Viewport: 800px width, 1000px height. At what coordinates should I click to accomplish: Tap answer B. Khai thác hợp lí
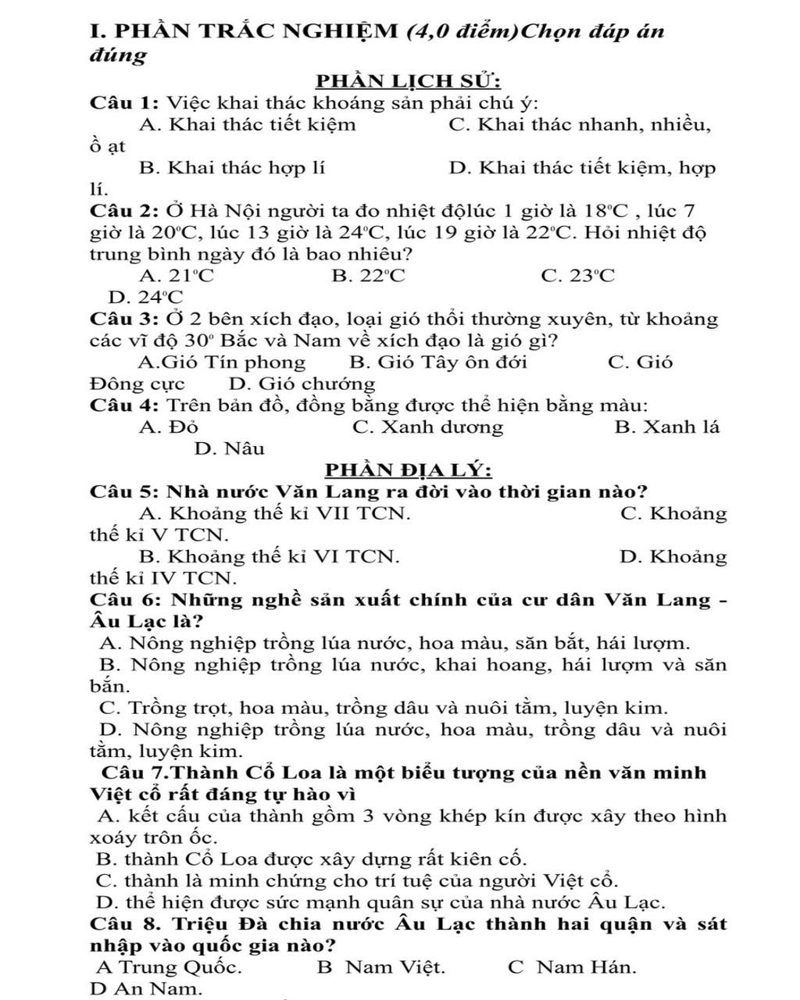click(232, 168)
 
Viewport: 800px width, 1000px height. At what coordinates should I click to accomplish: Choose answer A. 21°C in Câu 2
click(177, 276)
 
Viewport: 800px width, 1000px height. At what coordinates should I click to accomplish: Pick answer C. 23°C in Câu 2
click(577, 276)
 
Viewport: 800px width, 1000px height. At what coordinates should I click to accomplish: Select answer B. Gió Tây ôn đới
click(438, 362)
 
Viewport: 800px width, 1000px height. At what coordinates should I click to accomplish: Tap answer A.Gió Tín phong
click(222, 362)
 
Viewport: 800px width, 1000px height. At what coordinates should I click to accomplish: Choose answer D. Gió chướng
click(302, 384)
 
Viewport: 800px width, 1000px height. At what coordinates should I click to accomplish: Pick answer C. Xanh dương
click(428, 427)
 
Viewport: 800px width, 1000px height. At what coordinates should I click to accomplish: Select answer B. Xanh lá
click(667, 427)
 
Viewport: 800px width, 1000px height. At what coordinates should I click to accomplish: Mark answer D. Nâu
click(230, 449)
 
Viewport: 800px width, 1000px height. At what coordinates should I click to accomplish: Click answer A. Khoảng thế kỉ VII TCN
click(274, 514)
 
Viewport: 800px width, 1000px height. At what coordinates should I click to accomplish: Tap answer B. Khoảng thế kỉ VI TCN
click(269, 557)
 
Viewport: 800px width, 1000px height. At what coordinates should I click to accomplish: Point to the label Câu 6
click(125, 601)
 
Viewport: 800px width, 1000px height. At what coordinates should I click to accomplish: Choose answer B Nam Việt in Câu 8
click(381, 967)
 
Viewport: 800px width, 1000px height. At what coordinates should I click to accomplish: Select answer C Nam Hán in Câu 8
click(572, 967)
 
